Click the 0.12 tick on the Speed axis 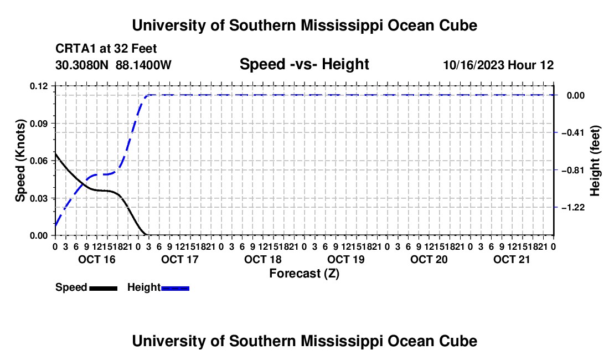(x=38, y=86)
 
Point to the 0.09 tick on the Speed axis (x=38, y=124)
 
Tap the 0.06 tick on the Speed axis (x=38, y=161)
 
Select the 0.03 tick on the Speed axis (x=38, y=198)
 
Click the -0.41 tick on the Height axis (x=573, y=133)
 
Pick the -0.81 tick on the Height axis (x=573, y=170)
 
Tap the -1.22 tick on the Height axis (x=573, y=207)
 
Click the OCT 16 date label (x=97, y=259)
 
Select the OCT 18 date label (x=262, y=259)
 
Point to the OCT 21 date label (x=512, y=259)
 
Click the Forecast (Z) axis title (x=304, y=274)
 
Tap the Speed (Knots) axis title (x=20, y=161)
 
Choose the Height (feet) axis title (x=595, y=161)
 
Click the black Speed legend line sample (x=104, y=288)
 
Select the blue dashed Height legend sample (x=175, y=288)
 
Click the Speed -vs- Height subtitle (x=304, y=64)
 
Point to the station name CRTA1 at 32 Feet (x=106, y=49)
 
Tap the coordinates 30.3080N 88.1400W (x=113, y=65)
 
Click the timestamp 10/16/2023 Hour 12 (x=498, y=65)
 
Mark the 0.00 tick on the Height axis (x=576, y=95)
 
